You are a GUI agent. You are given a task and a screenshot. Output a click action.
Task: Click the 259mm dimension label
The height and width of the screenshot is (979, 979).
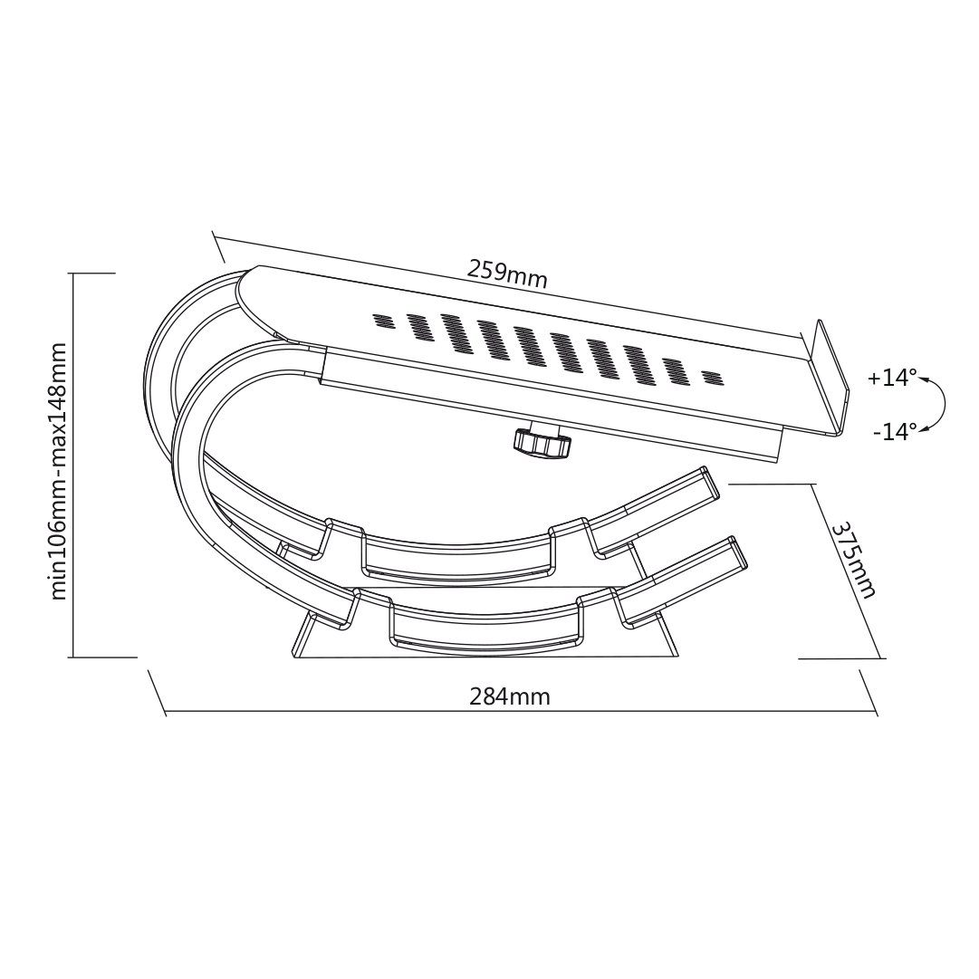(507, 274)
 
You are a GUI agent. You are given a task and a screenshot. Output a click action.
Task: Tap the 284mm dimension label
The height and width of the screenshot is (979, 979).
(510, 696)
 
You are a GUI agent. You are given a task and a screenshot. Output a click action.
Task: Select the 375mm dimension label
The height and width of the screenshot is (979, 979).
(853, 560)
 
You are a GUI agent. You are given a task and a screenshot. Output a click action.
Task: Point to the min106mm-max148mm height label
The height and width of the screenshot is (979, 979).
(59, 471)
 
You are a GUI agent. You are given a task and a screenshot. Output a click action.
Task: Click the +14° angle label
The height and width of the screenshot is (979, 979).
(892, 378)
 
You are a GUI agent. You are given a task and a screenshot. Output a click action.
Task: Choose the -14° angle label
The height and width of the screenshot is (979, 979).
(895, 431)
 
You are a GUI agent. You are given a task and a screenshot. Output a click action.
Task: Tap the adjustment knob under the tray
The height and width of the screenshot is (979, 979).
(542, 441)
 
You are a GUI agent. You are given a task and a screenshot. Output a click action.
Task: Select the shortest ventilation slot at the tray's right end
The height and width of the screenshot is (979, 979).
(711, 377)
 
